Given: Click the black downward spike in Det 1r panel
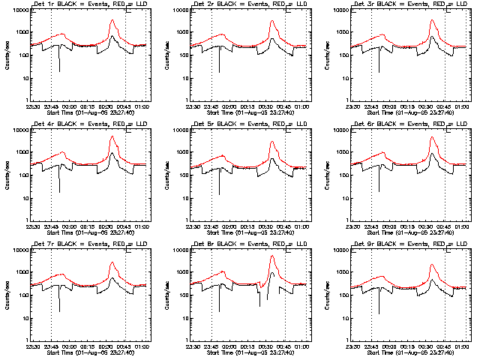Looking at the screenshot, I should coord(59,70).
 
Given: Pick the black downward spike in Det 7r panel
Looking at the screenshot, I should coord(59,310).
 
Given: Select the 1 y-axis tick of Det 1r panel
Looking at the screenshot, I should coord(27,100).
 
